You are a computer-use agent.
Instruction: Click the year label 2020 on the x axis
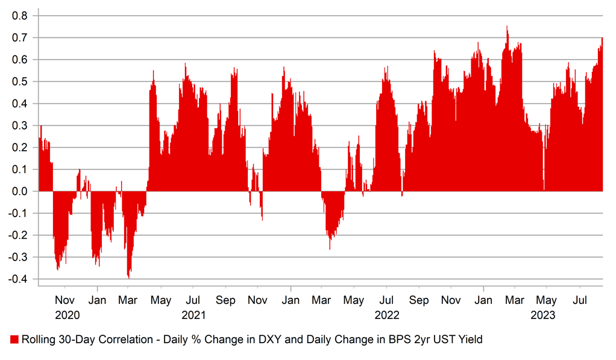[67, 315]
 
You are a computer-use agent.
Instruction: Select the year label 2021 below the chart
[193, 315]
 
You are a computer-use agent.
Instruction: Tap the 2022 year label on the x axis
[387, 315]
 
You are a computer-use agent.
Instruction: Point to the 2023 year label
[542, 315]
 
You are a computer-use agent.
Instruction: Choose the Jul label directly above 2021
[193, 300]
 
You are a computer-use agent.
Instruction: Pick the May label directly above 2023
[547, 300]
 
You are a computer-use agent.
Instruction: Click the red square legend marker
[14, 340]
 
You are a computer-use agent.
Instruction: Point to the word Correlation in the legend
[123, 340]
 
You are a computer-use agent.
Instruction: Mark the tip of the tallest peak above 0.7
[507, 27]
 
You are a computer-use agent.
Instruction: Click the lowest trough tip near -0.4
[128, 277]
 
